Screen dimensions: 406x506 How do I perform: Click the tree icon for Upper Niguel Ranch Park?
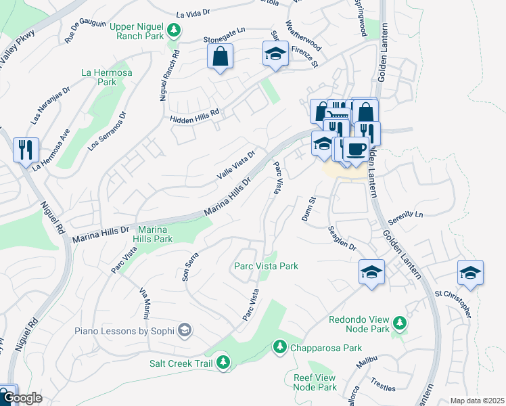[174, 30]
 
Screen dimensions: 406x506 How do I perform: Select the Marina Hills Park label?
[155, 234]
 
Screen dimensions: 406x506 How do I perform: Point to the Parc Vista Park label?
[266, 266]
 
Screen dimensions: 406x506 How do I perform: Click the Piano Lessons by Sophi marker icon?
[184, 330]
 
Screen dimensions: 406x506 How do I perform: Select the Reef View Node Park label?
[315, 382]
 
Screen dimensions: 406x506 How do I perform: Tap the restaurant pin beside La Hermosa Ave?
[26, 150]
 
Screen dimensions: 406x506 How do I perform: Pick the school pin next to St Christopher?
[470, 272]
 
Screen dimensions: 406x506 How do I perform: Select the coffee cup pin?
[356, 149]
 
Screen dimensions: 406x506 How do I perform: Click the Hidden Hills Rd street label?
[195, 116]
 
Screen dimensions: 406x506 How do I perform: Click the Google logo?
[22, 399]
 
